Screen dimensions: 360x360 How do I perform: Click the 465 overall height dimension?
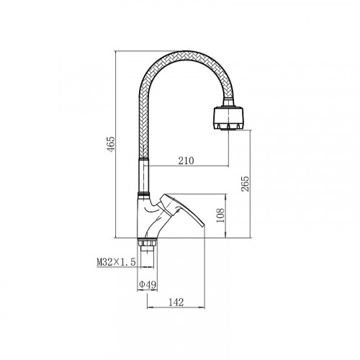tap(111, 144)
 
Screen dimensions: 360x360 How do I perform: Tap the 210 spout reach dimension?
tap(186, 161)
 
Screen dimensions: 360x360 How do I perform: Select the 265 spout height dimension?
tap(246, 184)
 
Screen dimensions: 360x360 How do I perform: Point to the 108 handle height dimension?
tap(220, 215)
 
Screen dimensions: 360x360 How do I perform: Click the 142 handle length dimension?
tap(176, 302)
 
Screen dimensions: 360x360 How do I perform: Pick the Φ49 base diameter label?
tap(148, 285)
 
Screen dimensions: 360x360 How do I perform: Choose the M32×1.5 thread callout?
tap(116, 262)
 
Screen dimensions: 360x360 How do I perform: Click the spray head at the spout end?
tap(228, 119)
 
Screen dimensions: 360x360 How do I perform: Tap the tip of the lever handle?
tap(204, 226)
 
